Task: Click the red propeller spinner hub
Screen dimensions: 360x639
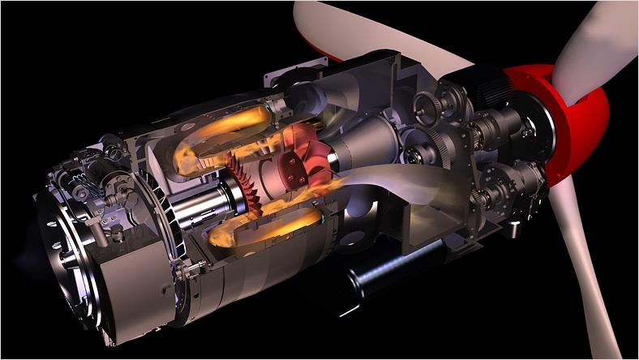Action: click(x=572, y=122)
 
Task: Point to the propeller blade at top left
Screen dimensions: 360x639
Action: click(x=365, y=32)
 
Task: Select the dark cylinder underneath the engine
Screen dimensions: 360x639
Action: click(x=381, y=276)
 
